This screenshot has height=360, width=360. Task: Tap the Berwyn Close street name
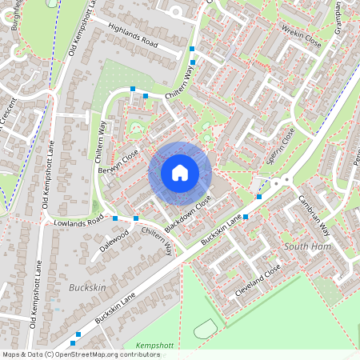(118, 162)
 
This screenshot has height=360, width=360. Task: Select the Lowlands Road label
(78, 219)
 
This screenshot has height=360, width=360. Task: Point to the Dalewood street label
(114, 242)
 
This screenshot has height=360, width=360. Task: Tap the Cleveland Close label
(258, 281)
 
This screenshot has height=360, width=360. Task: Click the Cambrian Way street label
(314, 214)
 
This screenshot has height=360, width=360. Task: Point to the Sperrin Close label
(281, 146)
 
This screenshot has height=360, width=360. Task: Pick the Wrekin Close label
(301, 36)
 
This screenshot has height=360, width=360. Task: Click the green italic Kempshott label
(154, 345)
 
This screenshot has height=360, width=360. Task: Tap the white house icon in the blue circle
(180, 173)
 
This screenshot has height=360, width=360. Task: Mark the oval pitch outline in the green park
(205, 328)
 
